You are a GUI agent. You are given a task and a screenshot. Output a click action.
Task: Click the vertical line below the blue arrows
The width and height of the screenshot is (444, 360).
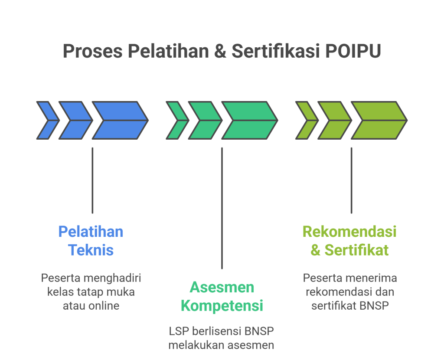[92, 180]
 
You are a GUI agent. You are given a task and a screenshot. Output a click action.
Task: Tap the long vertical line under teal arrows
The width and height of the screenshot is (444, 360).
[222, 208]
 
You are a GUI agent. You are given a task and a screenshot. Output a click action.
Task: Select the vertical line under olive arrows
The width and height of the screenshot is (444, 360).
[351, 180]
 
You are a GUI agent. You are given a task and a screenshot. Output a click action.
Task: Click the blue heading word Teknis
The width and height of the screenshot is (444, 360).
[91, 250]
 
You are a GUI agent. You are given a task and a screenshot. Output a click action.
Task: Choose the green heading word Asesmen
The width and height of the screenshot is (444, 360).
[222, 287]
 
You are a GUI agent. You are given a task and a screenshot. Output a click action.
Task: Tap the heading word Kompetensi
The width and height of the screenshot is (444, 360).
[222, 306]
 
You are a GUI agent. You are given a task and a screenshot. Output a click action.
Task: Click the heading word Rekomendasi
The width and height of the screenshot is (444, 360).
[349, 232]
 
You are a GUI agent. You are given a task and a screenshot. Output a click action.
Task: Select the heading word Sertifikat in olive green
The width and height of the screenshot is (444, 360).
[356, 250]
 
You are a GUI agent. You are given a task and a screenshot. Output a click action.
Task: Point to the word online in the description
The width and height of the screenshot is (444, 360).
[104, 305]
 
